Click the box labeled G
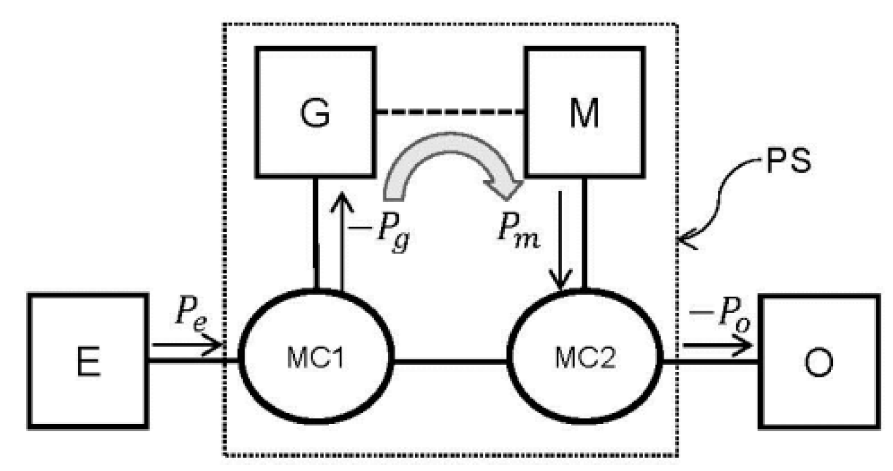coord(315,112)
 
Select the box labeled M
coord(584,112)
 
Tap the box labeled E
coord(88,361)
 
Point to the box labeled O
coord(818,361)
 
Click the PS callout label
coord(788,161)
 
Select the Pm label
coord(517,231)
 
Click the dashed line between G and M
coord(449,112)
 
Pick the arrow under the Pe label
coord(185,344)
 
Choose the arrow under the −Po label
coord(717,345)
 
